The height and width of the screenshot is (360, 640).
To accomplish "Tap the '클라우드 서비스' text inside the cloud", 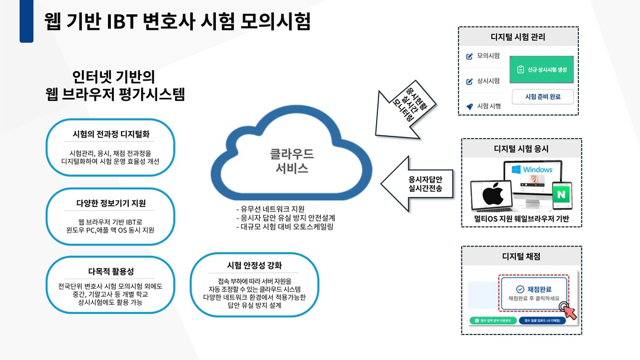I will pyautogui.click(x=292, y=160).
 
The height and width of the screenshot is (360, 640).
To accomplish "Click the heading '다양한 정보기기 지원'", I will pyautogui.click(x=111, y=203).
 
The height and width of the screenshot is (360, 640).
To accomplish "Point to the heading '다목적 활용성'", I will pyautogui.click(x=111, y=272).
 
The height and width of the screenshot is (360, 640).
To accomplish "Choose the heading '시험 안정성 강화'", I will pyautogui.click(x=254, y=265).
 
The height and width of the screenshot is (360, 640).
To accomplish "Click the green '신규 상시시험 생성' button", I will pyautogui.click(x=542, y=69).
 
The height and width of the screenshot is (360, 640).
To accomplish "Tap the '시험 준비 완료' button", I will pyautogui.click(x=542, y=96).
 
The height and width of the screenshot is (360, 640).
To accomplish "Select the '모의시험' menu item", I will pyautogui.click(x=488, y=56).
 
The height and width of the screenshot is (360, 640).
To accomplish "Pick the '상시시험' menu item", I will pyautogui.click(x=488, y=81).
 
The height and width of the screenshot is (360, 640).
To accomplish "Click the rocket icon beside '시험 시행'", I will pyautogui.click(x=470, y=107).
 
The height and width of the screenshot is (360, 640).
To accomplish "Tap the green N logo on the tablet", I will pyautogui.click(x=559, y=194).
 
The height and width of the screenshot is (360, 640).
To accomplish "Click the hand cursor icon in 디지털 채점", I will pyautogui.click(x=569, y=311).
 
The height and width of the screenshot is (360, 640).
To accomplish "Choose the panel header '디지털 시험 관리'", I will pyautogui.click(x=518, y=37).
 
